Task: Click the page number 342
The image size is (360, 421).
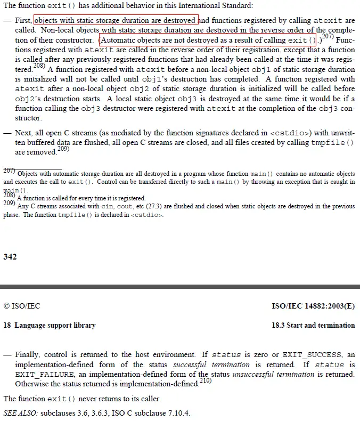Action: [x=10, y=257]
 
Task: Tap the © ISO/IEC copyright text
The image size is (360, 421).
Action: [x=22, y=306]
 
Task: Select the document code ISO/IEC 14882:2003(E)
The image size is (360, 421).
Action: [x=313, y=306]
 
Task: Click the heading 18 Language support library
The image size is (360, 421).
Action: [x=50, y=325]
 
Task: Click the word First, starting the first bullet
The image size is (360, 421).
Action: [x=24, y=21]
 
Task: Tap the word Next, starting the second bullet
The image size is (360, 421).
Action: [x=24, y=133]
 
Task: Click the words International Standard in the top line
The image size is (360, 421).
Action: [x=223, y=5]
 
